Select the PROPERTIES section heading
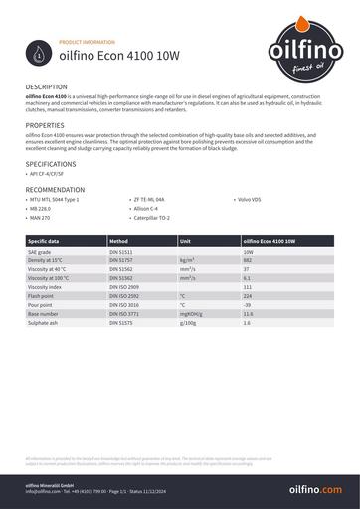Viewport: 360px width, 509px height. [45, 126]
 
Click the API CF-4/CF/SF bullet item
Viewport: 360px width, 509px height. [51, 175]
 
